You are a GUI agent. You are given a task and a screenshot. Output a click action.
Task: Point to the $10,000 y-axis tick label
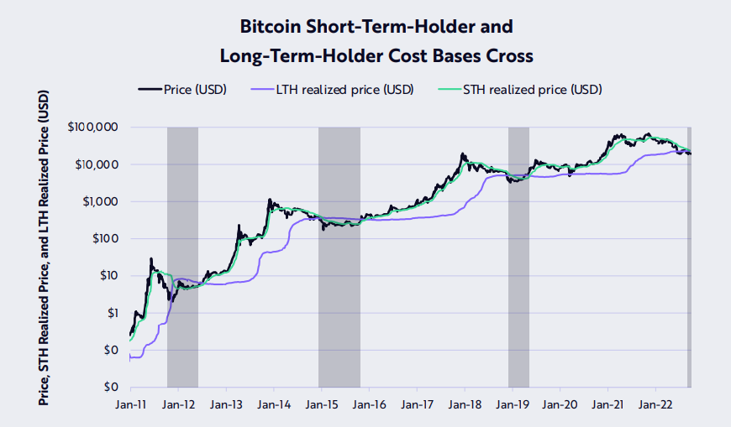pyautogui.click(x=97, y=164)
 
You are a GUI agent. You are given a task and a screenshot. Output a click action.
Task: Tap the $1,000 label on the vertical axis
pyautogui.click(x=100, y=201)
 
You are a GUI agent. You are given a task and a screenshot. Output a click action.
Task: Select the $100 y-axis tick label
pyautogui.click(x=103, y=239)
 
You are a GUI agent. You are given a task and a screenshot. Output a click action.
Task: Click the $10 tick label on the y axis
pyautogui.click(x=107, y=276)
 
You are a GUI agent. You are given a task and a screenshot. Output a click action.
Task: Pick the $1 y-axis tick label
pyautogui.click(x=110, y=313)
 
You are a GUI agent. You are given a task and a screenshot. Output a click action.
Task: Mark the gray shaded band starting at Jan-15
pyautogui.click(x=339, y=257)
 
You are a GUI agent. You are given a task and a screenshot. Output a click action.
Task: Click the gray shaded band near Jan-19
pyautogui.click(x=518, y=257)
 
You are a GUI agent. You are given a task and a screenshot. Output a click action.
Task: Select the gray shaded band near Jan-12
pyautogui.click(x=182, y=257)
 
